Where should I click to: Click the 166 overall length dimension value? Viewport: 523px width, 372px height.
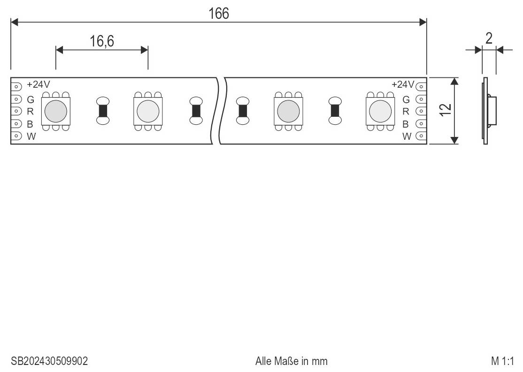click(219, 14)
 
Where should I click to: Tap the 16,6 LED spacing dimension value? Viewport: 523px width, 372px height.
click(102, 41)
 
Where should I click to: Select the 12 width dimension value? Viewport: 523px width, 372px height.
click(446, 110)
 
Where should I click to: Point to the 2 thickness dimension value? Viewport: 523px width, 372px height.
click(489, 38)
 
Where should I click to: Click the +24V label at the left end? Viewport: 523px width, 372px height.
click(38, 84)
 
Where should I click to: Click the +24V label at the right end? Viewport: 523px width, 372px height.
click(403, 84)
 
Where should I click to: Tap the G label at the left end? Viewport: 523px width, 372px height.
click(31, 99)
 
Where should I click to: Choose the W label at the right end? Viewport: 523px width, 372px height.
click(407, 137)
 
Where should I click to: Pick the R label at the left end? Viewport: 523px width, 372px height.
click(30, 111)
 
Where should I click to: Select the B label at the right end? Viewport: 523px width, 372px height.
click(406, 124)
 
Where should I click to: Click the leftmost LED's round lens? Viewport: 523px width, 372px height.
click(56, 111)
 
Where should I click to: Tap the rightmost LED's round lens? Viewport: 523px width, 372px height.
click(380, 111)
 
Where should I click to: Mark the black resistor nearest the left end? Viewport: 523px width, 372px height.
click(103, 111)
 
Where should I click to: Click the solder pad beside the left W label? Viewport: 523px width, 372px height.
click(16, 136)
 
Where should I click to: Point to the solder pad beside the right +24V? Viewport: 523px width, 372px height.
click(421, 87)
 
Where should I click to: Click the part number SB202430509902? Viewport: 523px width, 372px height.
click(49, 361)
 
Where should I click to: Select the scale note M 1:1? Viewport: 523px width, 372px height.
click(502, 361)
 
